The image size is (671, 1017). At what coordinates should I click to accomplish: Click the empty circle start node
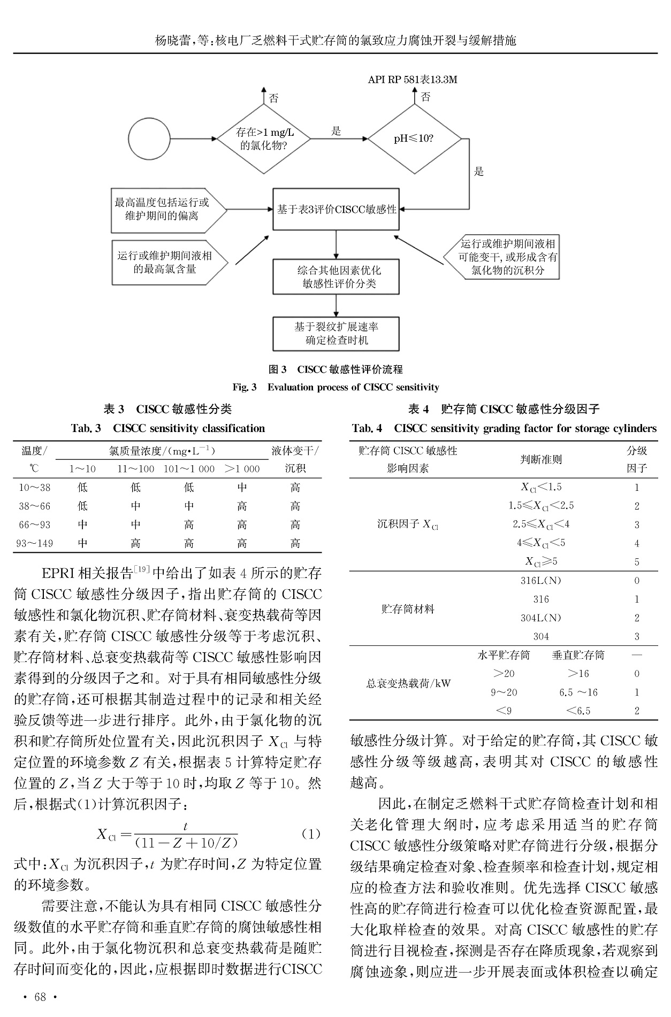point(149,139)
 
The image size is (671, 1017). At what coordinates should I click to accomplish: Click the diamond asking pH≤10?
point(414,139)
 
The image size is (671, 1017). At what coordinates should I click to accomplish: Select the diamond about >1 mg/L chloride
point(263,139)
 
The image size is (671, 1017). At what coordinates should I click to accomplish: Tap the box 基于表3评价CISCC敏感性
point(336,210)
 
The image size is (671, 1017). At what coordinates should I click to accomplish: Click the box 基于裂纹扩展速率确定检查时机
point(336,333)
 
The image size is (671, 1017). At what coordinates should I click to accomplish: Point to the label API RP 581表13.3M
point(412,80)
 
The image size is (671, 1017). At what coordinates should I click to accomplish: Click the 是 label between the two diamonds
point(337,132)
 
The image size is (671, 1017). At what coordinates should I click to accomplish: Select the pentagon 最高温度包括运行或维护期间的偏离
point(164,210)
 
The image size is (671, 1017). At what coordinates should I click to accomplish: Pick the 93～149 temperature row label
point(35,543)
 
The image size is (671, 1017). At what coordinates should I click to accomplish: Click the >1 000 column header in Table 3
point(242,469)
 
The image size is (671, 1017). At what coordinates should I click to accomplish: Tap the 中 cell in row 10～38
point(242,488)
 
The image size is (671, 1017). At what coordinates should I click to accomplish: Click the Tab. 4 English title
point(504,428)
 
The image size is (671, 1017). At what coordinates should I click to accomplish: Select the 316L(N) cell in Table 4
point(541,581)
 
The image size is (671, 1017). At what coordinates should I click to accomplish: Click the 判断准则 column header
point(541,459)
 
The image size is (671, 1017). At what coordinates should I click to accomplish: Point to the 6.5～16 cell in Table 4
point(578,692)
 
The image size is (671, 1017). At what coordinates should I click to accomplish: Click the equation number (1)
point(311,834)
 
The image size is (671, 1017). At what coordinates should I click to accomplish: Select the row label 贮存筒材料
point(408,608)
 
